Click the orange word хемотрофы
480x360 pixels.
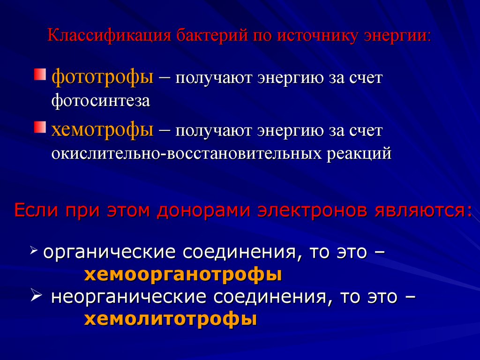click(x=102, y=129)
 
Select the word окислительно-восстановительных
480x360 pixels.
click(x=187, y=153)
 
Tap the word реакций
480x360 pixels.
click(x=359, y=154)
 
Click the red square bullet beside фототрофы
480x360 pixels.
click(x=40, y=75)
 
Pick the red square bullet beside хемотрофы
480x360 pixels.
click(x=40, y=127)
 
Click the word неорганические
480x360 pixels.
click(x=128, y=297)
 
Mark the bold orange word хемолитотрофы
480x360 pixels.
click(x=171, y=319)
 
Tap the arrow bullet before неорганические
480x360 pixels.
click(x=36, y=296)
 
